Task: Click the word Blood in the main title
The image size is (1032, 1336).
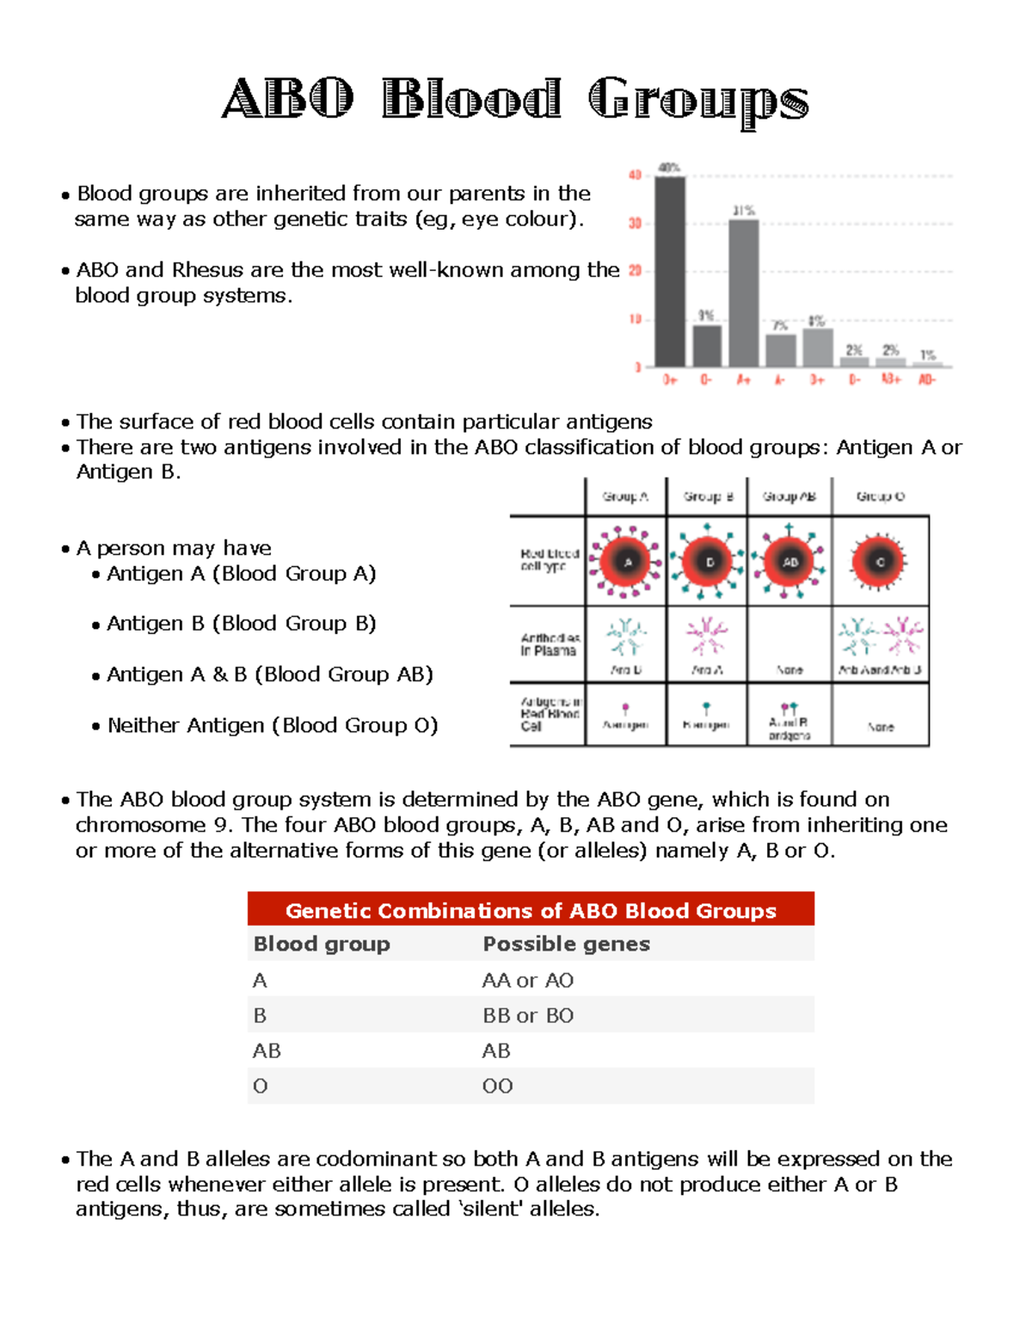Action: pos(471,99)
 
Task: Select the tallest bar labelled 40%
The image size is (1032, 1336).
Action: pos(670,271)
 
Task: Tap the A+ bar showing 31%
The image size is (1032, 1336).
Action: pos(744,292)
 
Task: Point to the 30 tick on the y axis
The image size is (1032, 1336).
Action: pos(635,223)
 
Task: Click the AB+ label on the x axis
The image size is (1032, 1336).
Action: pos(890,379)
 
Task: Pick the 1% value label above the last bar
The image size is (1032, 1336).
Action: pos(927,354)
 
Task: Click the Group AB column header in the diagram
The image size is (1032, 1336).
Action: pos(789,496)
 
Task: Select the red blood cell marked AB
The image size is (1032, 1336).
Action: pos(789,562)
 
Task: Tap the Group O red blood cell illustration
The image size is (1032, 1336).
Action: pos(879,562)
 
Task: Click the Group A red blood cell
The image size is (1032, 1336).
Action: pos(627,562)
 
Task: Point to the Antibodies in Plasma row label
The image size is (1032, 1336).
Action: pos(549,644)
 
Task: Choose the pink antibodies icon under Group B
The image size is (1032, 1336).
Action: pos(706,637)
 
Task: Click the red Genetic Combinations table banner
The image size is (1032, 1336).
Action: pos(531,910)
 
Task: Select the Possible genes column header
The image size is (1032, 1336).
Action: pos(566,944)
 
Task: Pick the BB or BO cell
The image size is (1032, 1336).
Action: pos(528,1015)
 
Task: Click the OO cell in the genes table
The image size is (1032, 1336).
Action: pos(497,1086)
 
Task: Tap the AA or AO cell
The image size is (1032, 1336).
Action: pos(528,980)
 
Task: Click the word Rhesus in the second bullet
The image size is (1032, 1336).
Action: pos(208,270)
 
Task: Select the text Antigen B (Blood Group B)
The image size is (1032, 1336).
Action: pos(241,624)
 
